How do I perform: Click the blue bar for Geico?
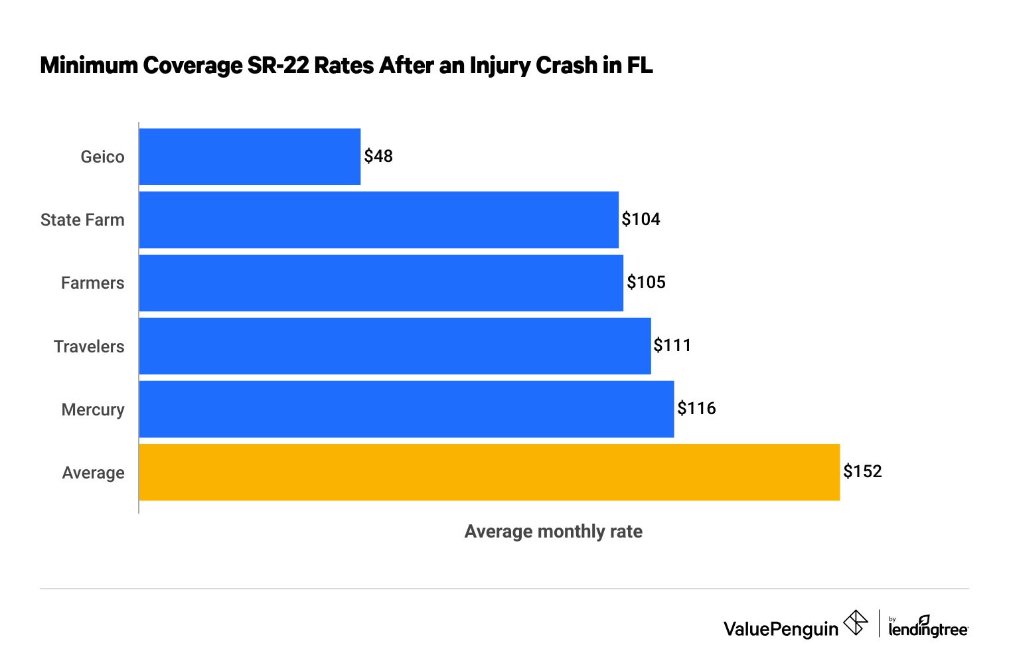(x=250, y=157)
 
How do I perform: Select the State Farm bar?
(x=378, y=220)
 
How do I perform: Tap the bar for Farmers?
(x=381, y=283)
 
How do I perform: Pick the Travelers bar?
(x=395, y=346)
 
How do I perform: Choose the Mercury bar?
(x=406, y=409)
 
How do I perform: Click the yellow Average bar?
(x=489, y=472)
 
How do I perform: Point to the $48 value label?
(x=378, y=156)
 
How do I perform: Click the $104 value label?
(x=641, y=219)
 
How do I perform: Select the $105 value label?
(x=646, y=282)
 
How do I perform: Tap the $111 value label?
(x=672, y=345)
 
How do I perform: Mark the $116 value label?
(x=696, y=408)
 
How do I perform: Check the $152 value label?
(x=862, y=471)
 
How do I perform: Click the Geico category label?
(x=102, y=157)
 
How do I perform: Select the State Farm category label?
(x=82, y=220)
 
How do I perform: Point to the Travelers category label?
(x=89, y=346)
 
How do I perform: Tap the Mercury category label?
(x=93, y=409)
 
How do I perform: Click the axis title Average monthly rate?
(x=553, y=532)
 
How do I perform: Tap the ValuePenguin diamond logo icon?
(x=856, y=623)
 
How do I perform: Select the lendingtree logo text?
(x=927, y=628)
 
